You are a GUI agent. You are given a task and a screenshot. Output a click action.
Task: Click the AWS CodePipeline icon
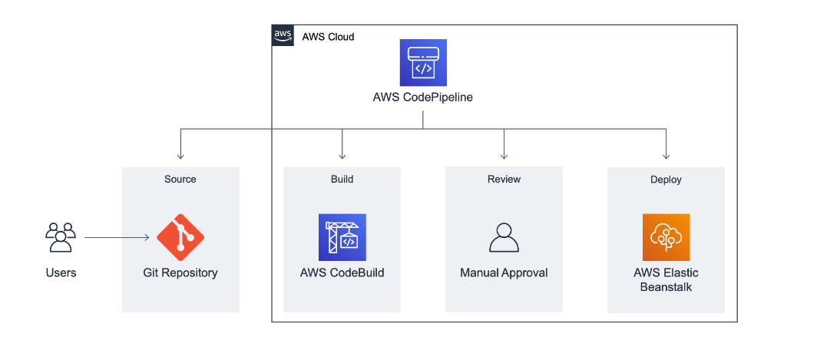pyautogui.click(x=422, y=63)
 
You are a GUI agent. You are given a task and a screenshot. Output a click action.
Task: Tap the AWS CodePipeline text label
pyautogui.click(x=422, y=97)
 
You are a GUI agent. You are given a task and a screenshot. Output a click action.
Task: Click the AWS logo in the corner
pyautogui.click(x=283, y=35)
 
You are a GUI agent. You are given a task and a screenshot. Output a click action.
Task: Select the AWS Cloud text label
pyautogui.click(x=328, y=37)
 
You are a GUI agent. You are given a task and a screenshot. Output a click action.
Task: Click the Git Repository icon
pyautogui.click(x=180, y=237)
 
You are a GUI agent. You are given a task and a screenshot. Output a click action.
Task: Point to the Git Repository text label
pyautogui.click(x=180, y=272)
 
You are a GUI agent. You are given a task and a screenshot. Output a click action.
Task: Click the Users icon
pyautogui.click(x=61, y=237)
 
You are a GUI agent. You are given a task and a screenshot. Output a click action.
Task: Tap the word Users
pyautogui.click(x=61, y=272)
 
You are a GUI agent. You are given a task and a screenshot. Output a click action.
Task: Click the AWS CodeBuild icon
pyautogui.click(x=342, y=237)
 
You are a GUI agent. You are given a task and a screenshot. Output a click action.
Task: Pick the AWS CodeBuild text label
pyautogui.click(x=342, y=272)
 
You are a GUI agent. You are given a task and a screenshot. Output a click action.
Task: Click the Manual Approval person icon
pyautogui.click(x=504, y=237)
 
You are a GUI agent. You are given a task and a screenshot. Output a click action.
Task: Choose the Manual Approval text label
pyautogui.click(x=504, y=272)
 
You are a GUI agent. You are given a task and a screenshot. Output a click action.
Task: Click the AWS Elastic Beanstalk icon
pyautogui.click(x=666, y=237)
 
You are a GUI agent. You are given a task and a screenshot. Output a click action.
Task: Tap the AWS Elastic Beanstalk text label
pyautogui.click(x=666, y=279)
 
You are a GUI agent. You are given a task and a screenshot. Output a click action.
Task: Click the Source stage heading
pyautogui.click(x=180, y=179)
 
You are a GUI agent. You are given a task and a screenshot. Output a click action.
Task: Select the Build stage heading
pyautogui.click(x=342, y=179)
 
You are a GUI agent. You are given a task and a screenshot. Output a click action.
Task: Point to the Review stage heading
pyautogui.click(x=504, y=179)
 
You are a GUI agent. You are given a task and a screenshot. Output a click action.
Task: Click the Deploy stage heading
pyautogui.click(x=666, y=180)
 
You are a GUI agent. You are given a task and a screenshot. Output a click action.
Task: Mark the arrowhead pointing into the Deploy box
pyautogui.click(x=666, y=155)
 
